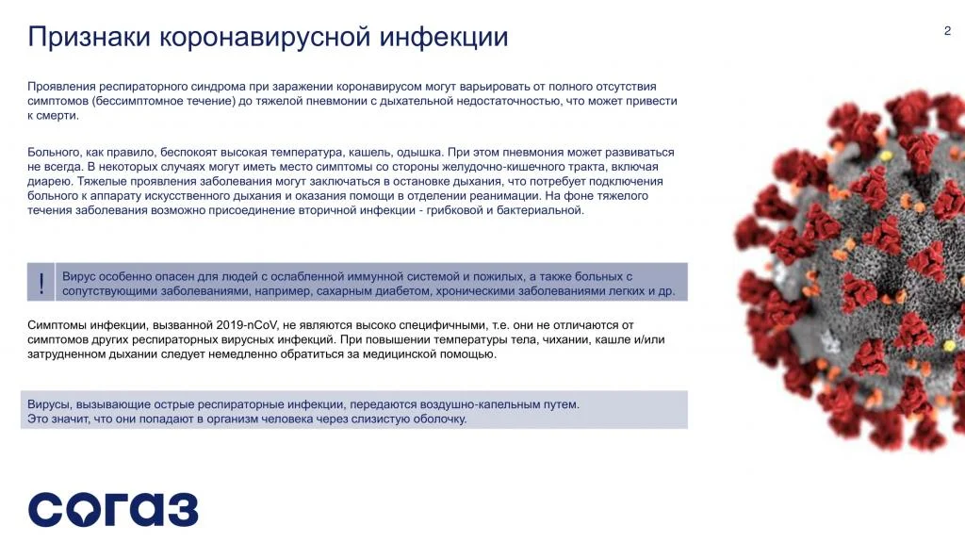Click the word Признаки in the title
(x=90, y=37)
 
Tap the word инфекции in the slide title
(x=444, y=37)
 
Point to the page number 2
(x=947, y=31)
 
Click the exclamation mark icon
(x=41, y=283)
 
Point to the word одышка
(x=419, y=152)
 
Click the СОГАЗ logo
(x=113, y=509)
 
